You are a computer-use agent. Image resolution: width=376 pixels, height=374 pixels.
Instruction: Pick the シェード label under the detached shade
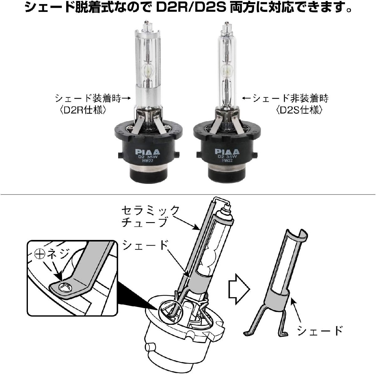[319, 330]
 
